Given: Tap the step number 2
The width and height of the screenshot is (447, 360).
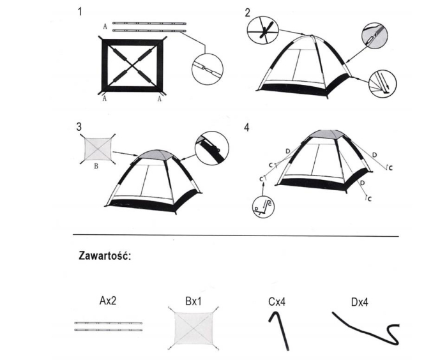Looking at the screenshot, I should click(x=246, y=12).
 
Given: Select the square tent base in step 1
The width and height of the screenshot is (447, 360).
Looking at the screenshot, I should click(x=132, y=66).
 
